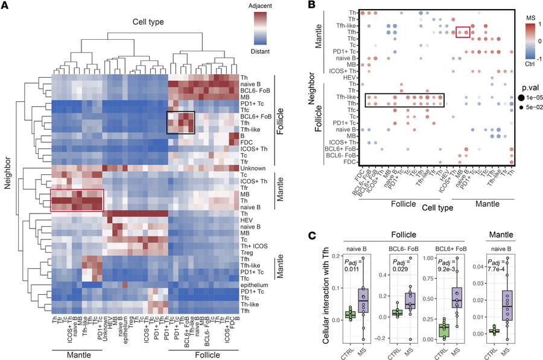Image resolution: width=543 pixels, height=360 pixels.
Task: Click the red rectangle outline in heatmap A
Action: tap(77, 200)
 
